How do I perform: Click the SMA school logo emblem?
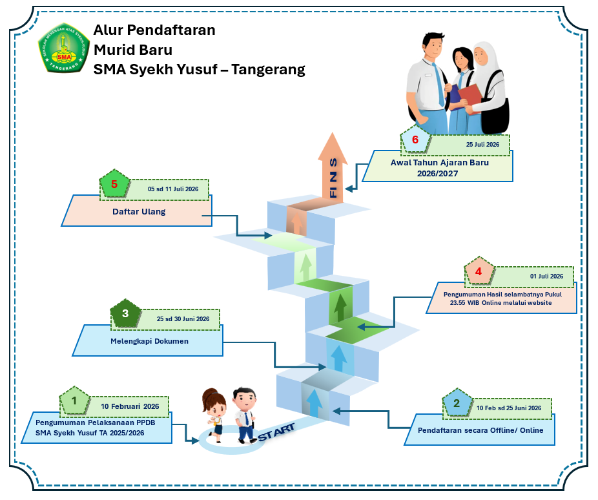tap(63, 48)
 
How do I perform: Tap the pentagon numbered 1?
tap(75, 402)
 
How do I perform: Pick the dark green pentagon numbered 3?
tap(125, 314)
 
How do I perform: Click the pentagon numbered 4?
tap(479, 273)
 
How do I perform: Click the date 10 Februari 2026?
tap(130, 406)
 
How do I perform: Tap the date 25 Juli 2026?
tap(483, 145)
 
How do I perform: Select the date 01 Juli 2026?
tap(546, 276)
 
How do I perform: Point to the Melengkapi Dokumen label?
tap(149, 340)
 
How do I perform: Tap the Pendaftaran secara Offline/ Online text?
tap(480, 430)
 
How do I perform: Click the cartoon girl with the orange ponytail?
tap(213, 413)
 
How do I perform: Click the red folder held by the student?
tap(469, 99)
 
